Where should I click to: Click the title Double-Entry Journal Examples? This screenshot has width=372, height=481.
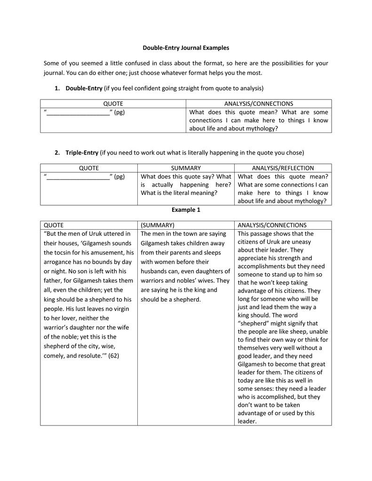coord(186,47)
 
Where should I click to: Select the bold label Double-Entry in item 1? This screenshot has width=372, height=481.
coord(84,88)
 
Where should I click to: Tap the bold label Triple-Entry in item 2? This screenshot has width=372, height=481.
coord(82,152)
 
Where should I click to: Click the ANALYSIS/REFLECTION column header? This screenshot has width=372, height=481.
coord(283,168)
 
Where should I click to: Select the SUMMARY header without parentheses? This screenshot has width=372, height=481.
coord(186,168)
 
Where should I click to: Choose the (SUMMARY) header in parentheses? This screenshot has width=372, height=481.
coord(158,225)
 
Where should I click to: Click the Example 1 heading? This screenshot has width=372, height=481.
coord(186,209)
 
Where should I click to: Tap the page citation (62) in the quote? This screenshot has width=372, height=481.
coord(113,356)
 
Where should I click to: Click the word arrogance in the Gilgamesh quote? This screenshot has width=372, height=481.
coord(59,262)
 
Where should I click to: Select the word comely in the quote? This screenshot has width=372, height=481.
coord(55,356)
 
